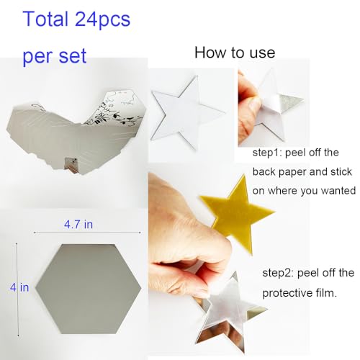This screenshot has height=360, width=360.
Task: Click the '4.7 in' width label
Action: [x=78, y=225]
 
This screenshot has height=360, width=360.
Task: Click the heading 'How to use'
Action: [x=234, y=53]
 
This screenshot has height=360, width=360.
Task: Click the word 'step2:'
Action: [x=280, y=273]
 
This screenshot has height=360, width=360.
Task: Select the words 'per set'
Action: [x=55, y=55]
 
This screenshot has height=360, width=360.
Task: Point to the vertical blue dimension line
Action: [x=17, y=288]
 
